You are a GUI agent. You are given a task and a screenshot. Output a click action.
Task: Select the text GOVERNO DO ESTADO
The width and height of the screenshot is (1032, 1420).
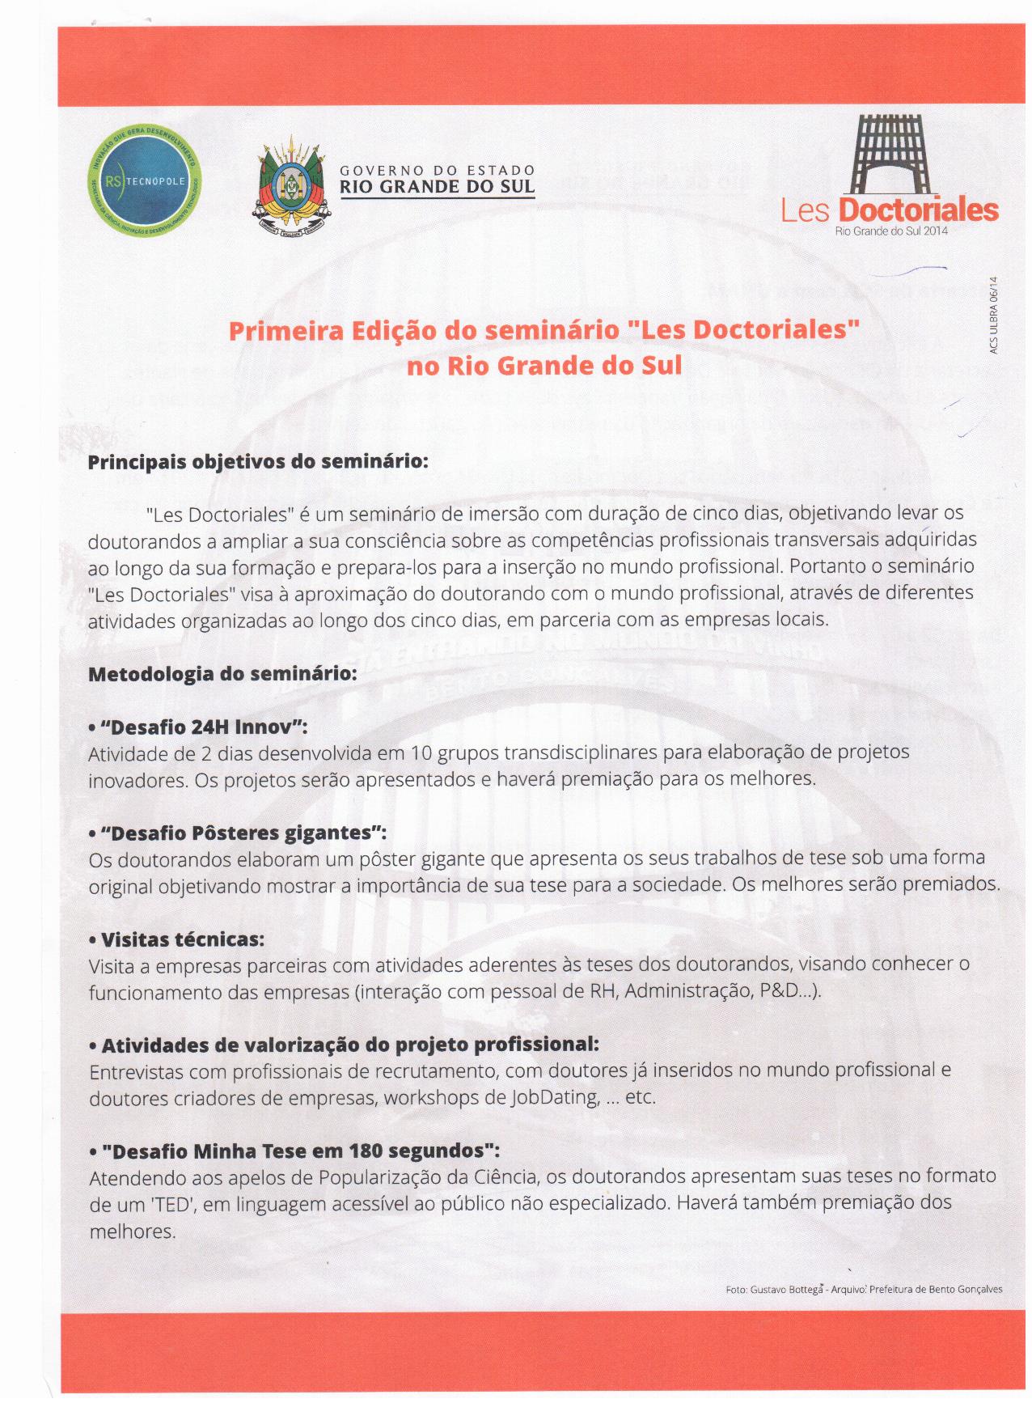tap(437, 171)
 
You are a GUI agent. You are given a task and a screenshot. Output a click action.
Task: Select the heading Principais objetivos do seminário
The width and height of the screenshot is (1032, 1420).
tap(257, 462)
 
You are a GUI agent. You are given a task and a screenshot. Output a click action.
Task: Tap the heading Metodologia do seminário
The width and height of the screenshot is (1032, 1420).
tap(222, 673)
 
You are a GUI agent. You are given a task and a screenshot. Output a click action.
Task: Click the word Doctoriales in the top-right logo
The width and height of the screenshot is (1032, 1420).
tap(918, 210)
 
